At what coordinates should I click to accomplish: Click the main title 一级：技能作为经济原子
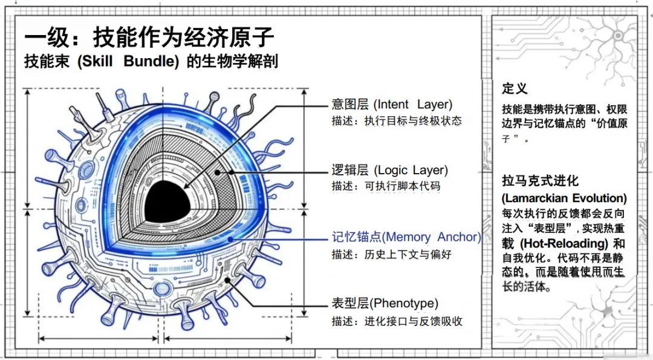pyautogui.click(x=149, y=38)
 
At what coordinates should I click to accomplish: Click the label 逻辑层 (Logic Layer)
pyautogui.click(x=389, y=170)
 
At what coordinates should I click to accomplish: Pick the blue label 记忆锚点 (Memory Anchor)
pyautogui.click(x=406, y=237)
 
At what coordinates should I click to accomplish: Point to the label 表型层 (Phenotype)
pyautogui.click(x=385, y=303)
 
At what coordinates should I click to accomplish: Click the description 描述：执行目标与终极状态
pyautogui.click(x=396, y=120)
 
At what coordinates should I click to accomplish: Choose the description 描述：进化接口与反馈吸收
pyautogui.click(x=397, y=321)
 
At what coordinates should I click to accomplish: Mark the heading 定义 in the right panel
pyautogui.click(x=515, y=88)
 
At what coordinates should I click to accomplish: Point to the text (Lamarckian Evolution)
pyautogui.click(x=564, y=198)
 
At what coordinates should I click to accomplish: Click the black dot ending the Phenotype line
pyautogui.click(x=228, y=280)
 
